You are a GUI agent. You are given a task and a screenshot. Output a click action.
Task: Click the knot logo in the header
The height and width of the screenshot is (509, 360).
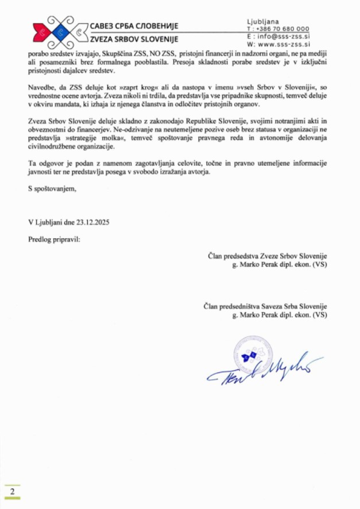pos(57,32)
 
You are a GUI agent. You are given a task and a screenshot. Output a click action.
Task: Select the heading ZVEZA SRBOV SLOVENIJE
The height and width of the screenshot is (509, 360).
pos(134,39)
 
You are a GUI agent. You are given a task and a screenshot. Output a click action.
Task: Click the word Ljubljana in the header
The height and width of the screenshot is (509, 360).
pos(262,21)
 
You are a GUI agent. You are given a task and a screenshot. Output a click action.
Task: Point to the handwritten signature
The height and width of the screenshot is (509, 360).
pos(264,370)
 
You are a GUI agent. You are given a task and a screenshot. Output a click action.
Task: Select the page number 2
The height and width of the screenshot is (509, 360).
pos(11,492)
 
